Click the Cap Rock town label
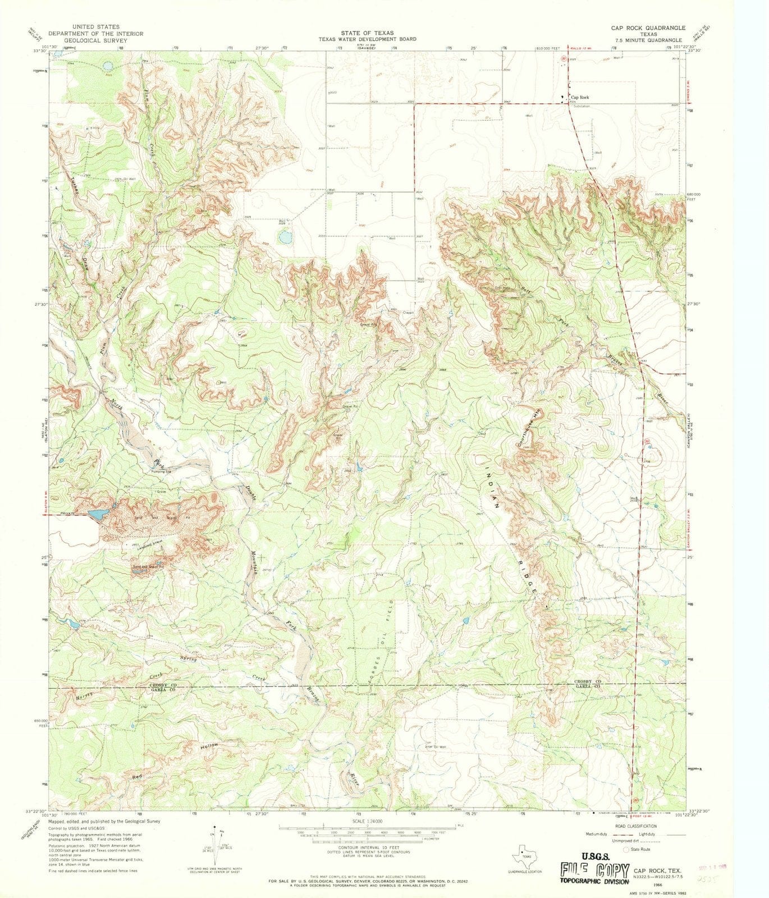pyautogui.click(x=580, y=97)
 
